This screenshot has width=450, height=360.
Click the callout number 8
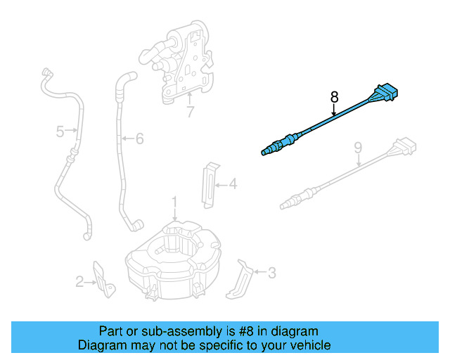click(x=334, y=96)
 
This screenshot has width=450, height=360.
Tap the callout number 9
click(x=358, y=148)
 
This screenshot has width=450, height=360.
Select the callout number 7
click(x=190, y=112)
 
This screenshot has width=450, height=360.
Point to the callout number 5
click(x=60, y=131)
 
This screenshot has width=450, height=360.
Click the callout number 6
click(x=139, y=139)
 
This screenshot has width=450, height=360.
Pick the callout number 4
click(x=233, y=185)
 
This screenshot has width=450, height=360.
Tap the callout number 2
click(x=80, y=282)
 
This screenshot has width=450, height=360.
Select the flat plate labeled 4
click(x=210, y=184)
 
